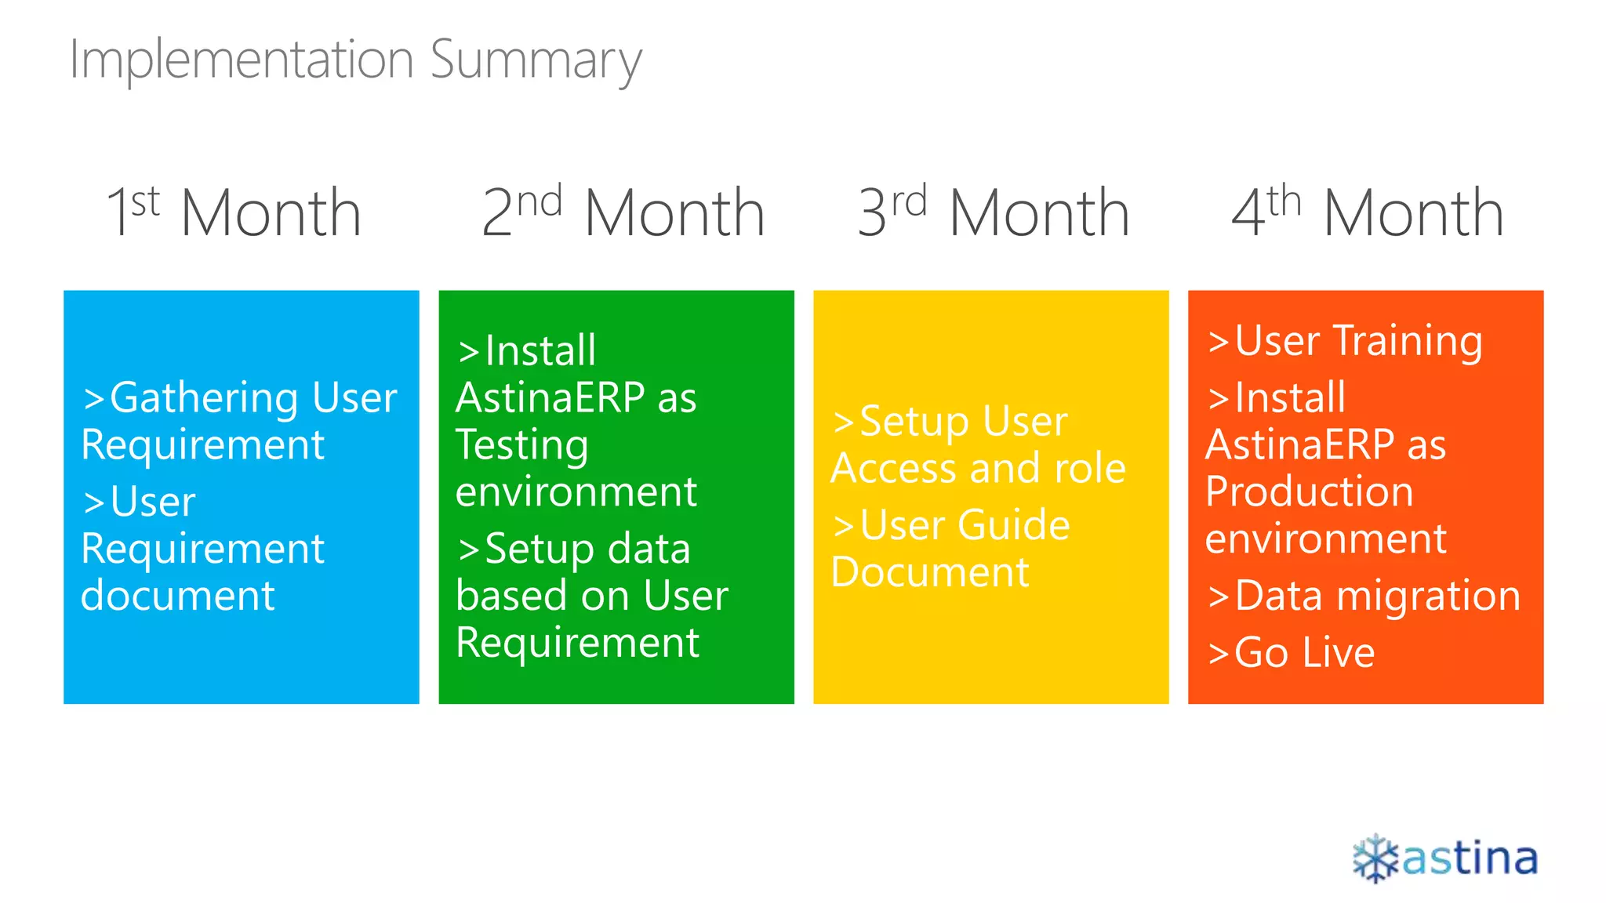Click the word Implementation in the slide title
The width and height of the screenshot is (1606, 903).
point(242,60)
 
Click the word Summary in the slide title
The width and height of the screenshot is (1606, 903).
point(536,62)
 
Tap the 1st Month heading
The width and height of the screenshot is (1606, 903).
point(234,212)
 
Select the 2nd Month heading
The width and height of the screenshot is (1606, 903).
point(623,212)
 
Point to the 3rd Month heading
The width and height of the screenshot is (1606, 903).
point(994,212)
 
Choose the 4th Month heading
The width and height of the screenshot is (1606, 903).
point(1368,212)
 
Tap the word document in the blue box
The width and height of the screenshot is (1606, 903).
point(178,596)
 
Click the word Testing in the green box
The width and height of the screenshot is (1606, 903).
point(522,445)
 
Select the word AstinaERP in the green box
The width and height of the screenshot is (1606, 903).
point(550,397)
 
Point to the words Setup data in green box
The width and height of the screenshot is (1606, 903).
point(587,549)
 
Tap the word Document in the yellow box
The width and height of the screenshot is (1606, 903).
point(929,572)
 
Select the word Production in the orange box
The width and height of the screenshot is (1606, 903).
point(1310,491)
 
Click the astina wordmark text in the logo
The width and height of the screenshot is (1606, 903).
point(1470,859)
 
